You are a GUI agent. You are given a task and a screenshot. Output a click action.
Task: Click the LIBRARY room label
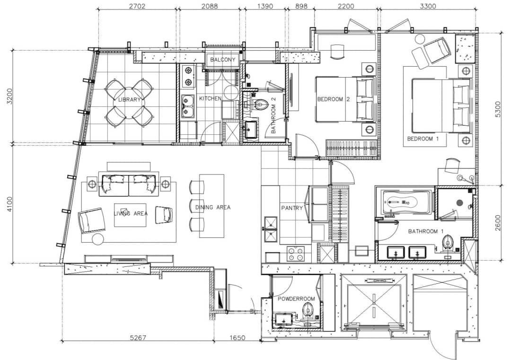(129, 100)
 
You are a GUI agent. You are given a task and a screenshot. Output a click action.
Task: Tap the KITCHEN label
(210, 98)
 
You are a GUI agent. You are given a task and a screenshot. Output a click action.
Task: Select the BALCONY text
(222, 60)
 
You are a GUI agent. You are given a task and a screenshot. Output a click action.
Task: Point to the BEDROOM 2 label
(334, 99)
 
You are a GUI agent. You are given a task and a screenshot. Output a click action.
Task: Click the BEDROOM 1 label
(423, 139)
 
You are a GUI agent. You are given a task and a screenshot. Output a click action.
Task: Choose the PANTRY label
(292, 208)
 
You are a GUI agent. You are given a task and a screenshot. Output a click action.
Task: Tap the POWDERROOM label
(296, 299)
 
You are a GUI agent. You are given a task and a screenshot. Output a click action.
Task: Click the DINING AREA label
(213, 207)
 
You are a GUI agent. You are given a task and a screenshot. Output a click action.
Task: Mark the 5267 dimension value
(138, 338)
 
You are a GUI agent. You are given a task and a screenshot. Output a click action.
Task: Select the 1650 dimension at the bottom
(237, 338)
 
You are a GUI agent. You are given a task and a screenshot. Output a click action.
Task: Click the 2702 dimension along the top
(137, 6)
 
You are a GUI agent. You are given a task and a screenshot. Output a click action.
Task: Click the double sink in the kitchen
(188, 106)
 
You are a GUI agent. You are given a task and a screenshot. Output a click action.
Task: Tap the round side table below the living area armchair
(98, 239)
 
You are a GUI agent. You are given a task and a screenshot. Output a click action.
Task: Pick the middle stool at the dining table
(196, 206)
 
